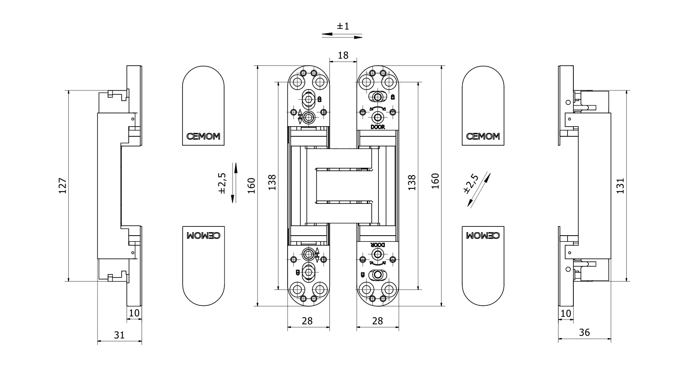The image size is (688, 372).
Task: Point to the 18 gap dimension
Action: [343, 55]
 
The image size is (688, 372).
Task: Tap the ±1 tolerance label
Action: [343, 26]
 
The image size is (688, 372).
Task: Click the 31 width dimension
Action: [119, 335]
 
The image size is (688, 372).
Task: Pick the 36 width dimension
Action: [584, 333]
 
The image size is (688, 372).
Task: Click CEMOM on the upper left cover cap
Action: [203, 136]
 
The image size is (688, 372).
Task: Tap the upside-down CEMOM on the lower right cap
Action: [483, 236]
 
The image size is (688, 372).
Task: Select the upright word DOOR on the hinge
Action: [378, 127]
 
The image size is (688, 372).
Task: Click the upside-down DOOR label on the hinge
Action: [378, 244]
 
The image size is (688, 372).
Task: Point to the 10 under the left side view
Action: [134, 313]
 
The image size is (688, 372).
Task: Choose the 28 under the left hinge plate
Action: [307, 321]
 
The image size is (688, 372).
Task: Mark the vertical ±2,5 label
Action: [222, 183]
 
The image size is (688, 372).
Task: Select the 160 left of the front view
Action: [251, 186]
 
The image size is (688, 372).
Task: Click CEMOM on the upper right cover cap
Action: [483, 136]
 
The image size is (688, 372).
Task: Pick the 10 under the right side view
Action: [565, 313]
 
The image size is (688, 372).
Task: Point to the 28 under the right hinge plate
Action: [378, 321]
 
